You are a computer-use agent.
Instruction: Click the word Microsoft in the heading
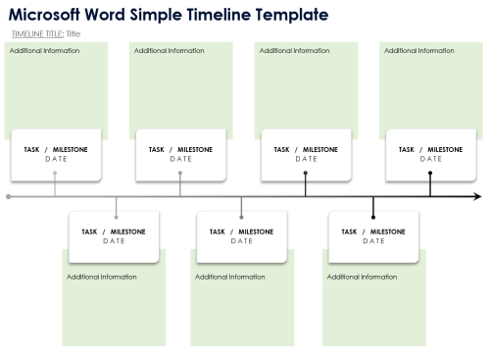point(50,15)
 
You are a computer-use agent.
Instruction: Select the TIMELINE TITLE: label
point(37,33)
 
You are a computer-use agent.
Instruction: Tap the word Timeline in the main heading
point(209,15)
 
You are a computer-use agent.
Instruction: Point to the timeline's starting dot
point(9,197)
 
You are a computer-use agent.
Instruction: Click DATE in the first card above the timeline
point(56,159)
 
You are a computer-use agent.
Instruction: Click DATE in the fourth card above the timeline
point(431,159)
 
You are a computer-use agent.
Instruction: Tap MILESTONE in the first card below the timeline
point(127,232)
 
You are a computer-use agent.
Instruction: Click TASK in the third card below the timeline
point(349,232)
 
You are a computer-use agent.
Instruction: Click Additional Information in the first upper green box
point(44,51)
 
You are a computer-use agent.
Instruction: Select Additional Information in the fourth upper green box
point(419,51)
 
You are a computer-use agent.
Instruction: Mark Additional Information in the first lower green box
point(102,278)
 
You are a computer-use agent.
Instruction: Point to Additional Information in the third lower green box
point(362,278)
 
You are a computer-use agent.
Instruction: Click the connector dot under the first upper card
point(56,174)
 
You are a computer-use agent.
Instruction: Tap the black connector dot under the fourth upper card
point(430,174)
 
